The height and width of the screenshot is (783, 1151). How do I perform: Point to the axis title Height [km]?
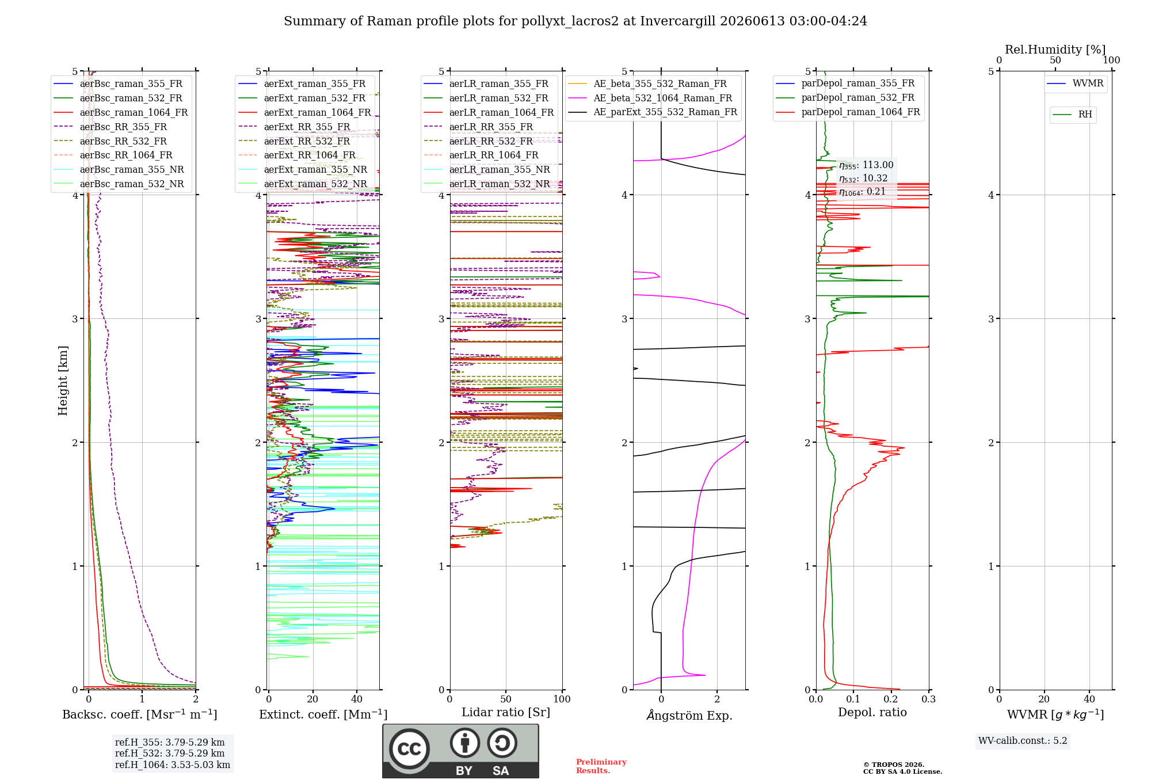[x=63, y=381]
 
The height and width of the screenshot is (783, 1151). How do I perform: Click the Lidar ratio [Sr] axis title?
[x=506, y=712]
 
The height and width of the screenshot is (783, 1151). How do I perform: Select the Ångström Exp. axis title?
[x=689, y=715]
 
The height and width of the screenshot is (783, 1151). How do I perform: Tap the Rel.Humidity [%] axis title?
[x=1055, y=50]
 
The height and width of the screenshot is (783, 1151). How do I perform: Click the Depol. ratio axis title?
[x=872, y=712]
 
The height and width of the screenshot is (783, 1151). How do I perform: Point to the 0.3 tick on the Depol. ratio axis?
[x=928, y=699]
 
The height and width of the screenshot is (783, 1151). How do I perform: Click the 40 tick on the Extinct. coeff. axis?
[x=357, y=699]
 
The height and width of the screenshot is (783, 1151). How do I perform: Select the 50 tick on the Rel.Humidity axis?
[x=1055, y=60]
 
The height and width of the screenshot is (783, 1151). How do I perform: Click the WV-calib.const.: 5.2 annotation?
[x=1023, y=740]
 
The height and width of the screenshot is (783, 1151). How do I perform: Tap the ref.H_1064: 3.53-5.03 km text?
[x=173, y=765]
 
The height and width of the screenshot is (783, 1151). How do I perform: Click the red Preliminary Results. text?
[x=601, y=766]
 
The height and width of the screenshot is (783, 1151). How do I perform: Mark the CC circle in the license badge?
[x=410, y=749]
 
